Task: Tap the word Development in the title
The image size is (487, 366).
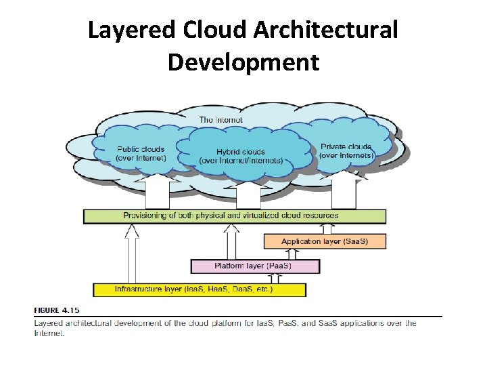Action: tap(243, 62)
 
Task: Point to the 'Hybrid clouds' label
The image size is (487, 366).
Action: tap(241, 156)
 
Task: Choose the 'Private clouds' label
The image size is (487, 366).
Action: tap(346, 150)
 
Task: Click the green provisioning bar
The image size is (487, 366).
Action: tap(235, 216)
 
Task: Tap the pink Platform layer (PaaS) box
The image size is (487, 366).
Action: tap(255, 266)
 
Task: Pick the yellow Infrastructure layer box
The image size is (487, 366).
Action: tap(200, 289)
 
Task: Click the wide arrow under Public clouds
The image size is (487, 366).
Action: tap(158, 191)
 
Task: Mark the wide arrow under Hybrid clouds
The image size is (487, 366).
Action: tap(249, 195)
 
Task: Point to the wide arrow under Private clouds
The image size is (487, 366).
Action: tap(344, 191)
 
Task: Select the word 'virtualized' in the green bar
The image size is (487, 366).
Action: tap(246, 216)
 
